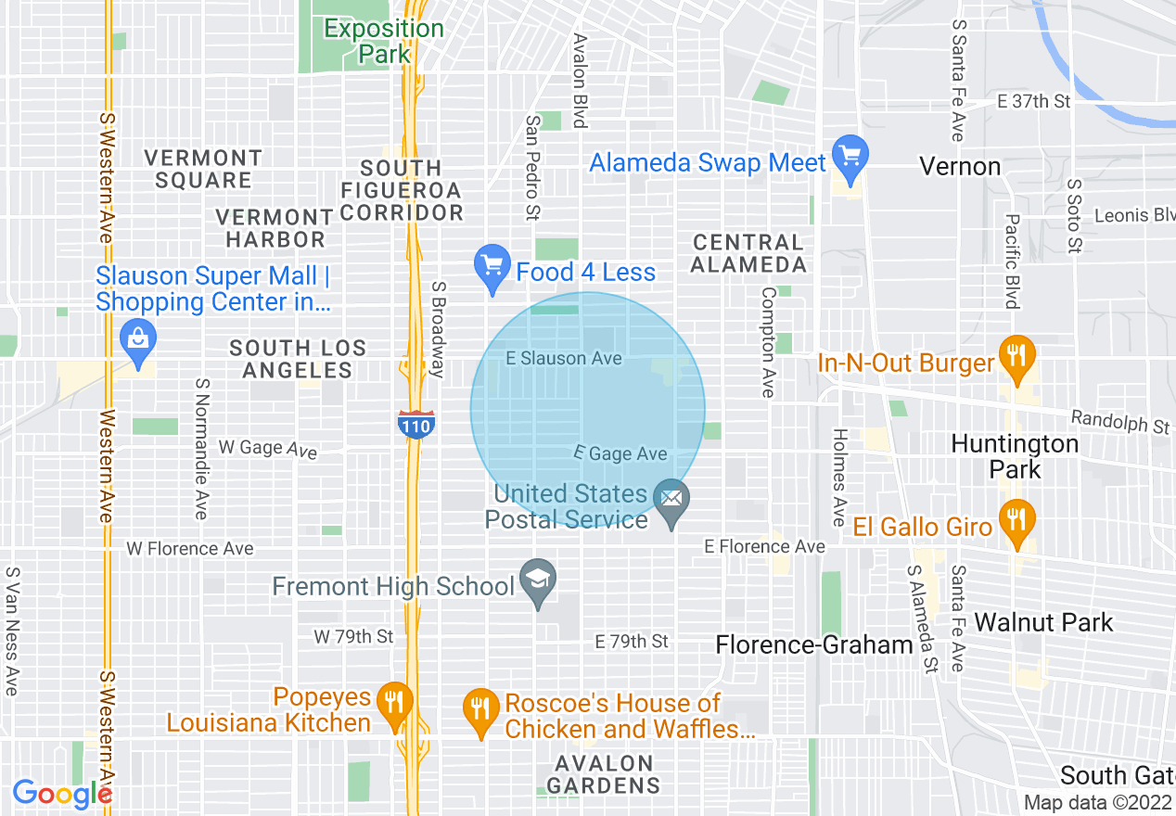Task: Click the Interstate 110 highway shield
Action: click(x=415, y=425)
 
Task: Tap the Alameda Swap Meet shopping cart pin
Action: click(x=850, y=156)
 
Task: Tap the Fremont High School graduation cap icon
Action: click(x=538, y=581)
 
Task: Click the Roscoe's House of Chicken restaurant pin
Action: click(x=479, y=711)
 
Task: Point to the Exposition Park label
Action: click(x=384, y=41)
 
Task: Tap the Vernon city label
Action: click(x=960, y=167)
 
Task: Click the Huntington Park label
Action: click(x=1015, y=456)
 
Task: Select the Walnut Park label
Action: click(x=1043, y=622)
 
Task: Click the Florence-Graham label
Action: click(x=814, y=644)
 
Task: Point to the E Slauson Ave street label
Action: click(x=564, y=358)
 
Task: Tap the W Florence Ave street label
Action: click(x=189, y=549)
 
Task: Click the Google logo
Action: click(x=62, y=794)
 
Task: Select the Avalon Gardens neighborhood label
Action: click(x=603, y=774)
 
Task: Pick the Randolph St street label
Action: click(x=1119, y=422)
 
